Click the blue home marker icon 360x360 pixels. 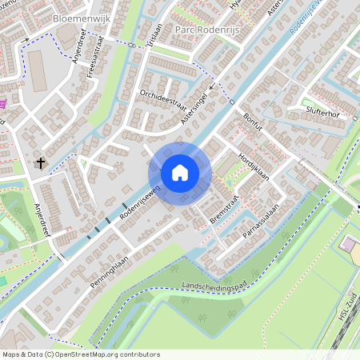pos(179,172)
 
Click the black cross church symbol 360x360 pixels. pos(40,163)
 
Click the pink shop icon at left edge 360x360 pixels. pos(4,103)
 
